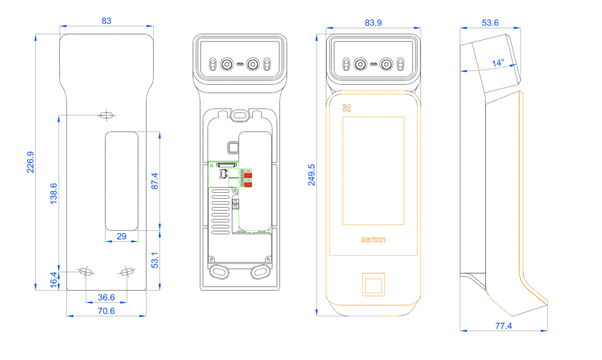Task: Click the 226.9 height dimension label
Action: (x=30, y=162)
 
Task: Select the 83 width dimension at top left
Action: (x=106, y=21)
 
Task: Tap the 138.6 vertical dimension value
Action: (x=54, y=193)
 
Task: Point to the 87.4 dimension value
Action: (x=154, y=181)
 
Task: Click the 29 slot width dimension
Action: (x=122, y=236)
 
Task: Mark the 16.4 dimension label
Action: (x=53, y=279)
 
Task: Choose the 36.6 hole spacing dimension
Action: (x=106, y=297)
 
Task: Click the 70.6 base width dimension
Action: (x=106, y=311)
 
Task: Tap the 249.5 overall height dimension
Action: (x=312, y=174)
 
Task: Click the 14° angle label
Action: (x=498, y=63)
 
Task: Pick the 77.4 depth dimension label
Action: (x=503, y=326)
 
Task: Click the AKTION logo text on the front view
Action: (x=373, y=240)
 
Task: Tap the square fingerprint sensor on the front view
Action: (x=373, y=284)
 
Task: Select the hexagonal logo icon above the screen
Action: (x=346, y=108)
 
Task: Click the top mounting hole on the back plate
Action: (x=107, y=114)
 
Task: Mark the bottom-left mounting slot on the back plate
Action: (x=86, y=271)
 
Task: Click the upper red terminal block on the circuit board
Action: (x=248, y=175)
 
